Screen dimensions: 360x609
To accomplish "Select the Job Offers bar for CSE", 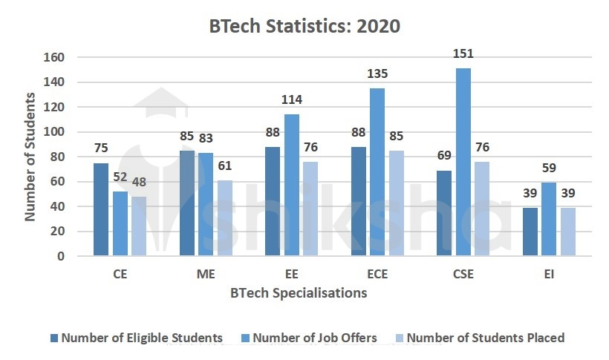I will coord(463,162).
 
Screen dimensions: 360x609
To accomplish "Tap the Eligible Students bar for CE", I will coord(101,209).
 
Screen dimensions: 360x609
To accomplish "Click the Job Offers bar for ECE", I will coord(377,172).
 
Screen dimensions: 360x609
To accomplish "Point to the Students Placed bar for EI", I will coord(567,232).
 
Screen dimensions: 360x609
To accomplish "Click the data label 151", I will coord(463,54).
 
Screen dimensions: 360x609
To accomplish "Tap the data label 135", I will coord(377,74).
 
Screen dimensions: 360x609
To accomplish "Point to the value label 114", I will coord(291,100).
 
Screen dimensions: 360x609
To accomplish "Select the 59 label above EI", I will coord(550,168).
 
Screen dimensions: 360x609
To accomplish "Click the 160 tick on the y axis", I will coord(55,57).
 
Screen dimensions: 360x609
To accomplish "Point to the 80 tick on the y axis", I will coord(59,157).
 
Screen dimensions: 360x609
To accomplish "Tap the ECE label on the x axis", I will coord(377,275).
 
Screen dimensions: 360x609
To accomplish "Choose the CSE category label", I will coord(463,275).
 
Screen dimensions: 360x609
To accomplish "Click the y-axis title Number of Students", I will coord(30,156).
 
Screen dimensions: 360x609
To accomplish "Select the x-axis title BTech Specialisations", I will coord(299,293).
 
